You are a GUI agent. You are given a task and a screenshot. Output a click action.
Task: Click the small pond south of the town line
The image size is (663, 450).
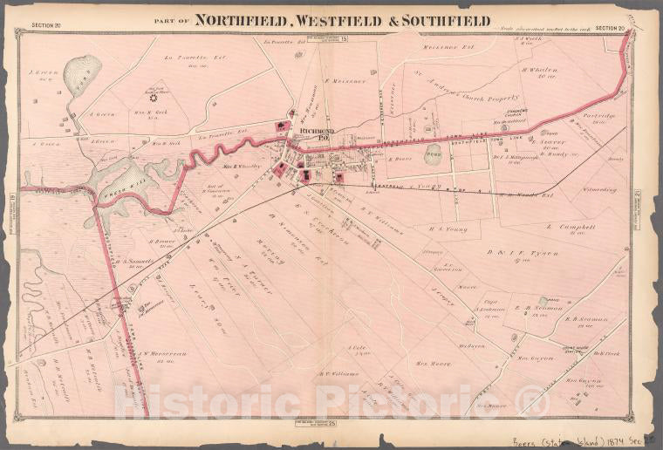click(433, 155)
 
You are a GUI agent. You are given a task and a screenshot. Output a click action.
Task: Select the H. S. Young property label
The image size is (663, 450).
click(448, 229)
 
